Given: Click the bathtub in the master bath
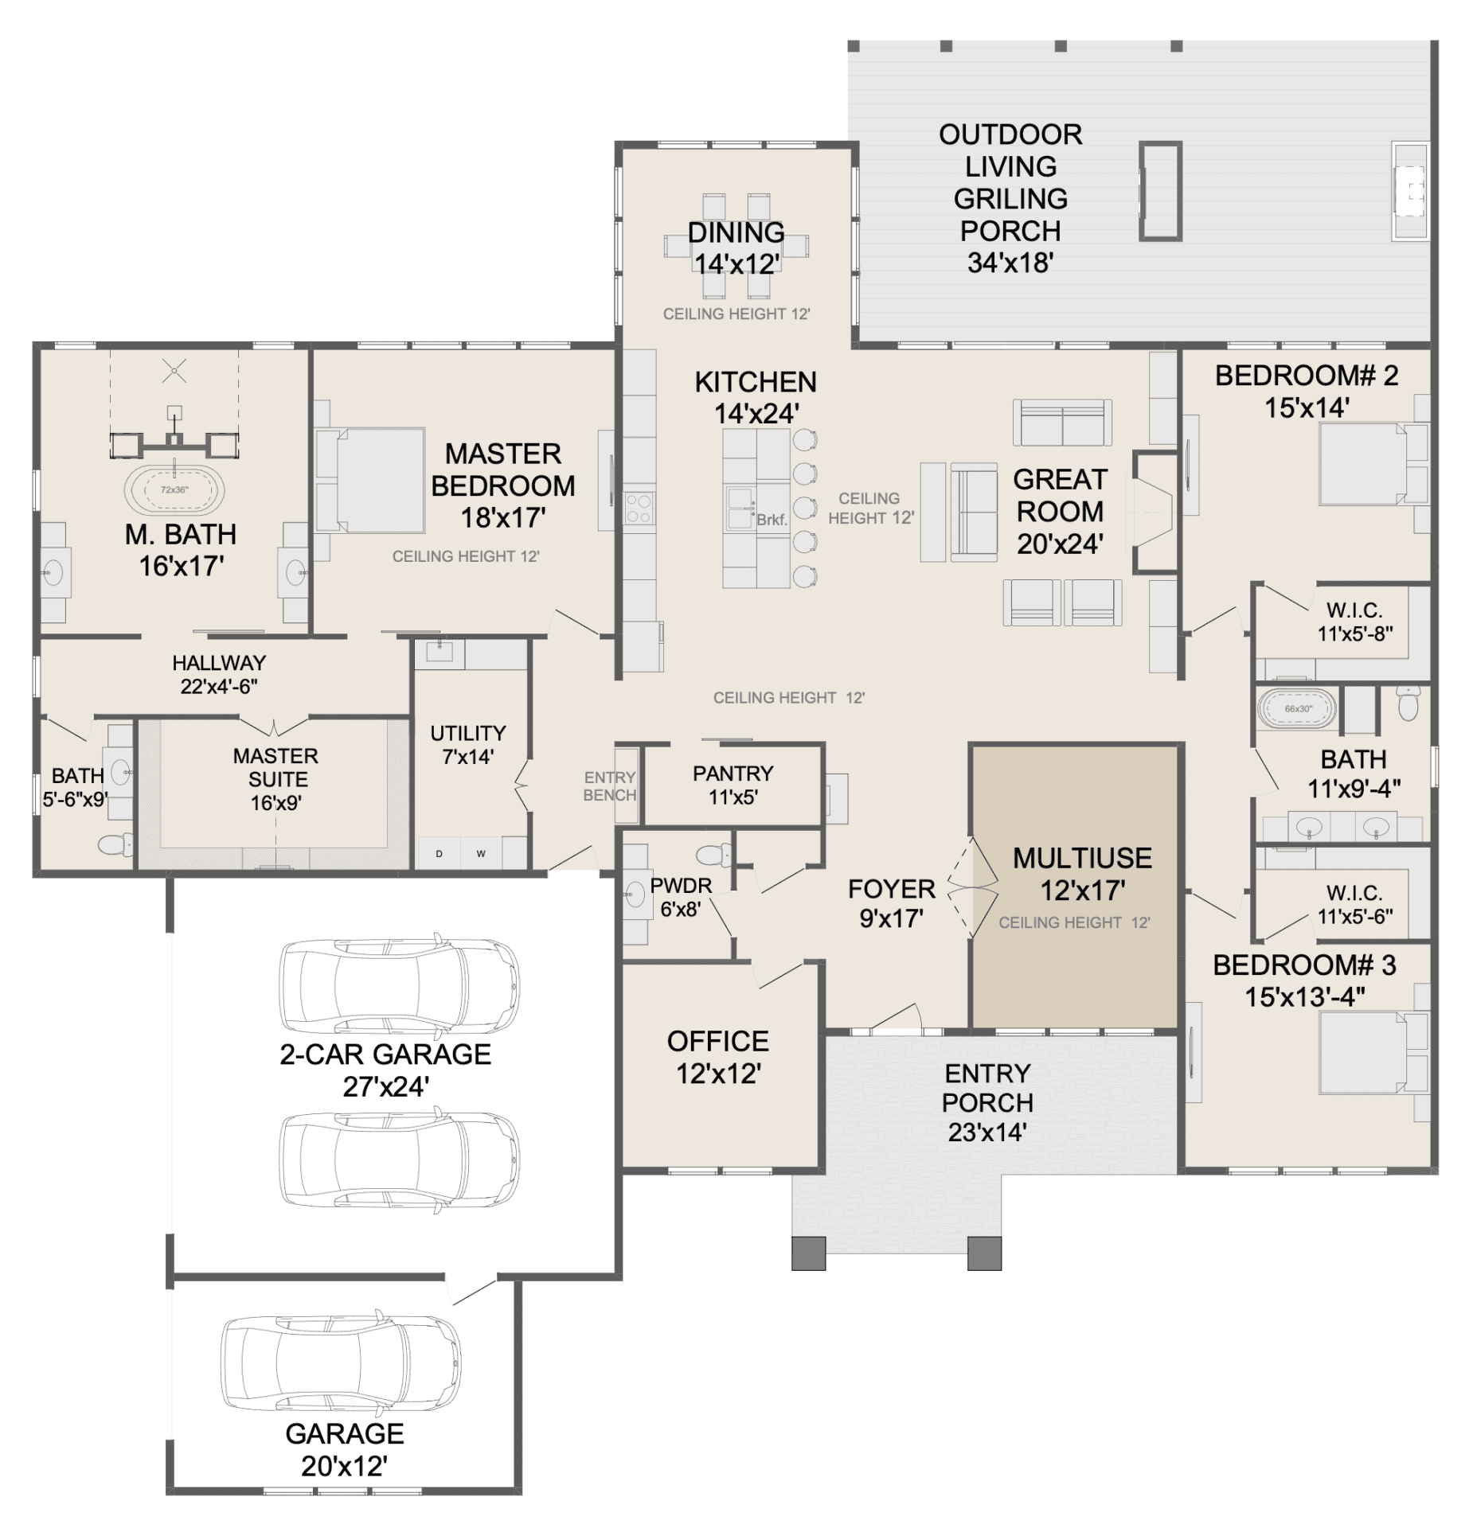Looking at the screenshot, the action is coord(174,490).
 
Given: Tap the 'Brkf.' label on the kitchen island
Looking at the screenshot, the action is coord(771,520).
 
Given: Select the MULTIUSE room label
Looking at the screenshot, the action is coord(1082,858).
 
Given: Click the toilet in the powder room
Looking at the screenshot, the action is coord(714,854).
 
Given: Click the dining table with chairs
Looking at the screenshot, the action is coord(736,246).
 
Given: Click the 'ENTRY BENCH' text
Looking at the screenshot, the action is coord(610,785).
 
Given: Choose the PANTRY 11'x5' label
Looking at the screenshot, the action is coord(733,785).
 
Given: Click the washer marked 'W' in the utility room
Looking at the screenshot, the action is coord(481,853).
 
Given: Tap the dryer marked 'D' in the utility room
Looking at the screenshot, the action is coord(439,853).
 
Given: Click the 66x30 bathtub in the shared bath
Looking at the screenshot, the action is coord(1298,708).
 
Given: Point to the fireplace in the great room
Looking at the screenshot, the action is coord(1152,512).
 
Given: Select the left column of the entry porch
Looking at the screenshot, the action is coord(808,1253).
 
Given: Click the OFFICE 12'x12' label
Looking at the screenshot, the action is coord(718,1057).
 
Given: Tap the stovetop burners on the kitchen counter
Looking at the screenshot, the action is coord(639,509).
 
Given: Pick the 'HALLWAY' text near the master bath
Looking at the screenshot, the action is coord(219,662).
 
